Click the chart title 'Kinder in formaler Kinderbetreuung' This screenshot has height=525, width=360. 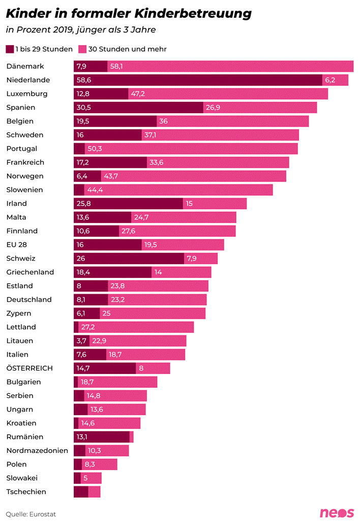pos(129,14)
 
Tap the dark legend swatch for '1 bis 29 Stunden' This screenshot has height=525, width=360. pos(10,49)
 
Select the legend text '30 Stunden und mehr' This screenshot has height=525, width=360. pos(127,49)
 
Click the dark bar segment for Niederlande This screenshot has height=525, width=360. pos(198,80)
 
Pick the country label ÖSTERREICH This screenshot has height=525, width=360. pos(29,368)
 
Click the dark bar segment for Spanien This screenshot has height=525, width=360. pos(138,107)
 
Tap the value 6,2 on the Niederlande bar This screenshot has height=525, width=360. pos(330,80)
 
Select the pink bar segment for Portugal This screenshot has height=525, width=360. pos(191,148)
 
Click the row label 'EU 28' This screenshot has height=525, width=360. pos(17,244)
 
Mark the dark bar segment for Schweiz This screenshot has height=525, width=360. pos(129,258)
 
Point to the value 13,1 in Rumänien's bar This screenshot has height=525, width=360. pos(82,437)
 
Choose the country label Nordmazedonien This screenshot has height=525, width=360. pos(37,450)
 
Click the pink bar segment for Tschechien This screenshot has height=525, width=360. pos(94,491)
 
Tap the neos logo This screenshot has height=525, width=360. pos(336,513)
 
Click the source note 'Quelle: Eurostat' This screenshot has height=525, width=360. pos(31,514)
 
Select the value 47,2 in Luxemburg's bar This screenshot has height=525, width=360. pos(138,94)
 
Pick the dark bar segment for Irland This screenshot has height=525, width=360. pos(128,203)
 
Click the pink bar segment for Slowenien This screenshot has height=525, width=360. pos(178,190)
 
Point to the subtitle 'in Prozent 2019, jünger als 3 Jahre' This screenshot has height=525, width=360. pos(80,30)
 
